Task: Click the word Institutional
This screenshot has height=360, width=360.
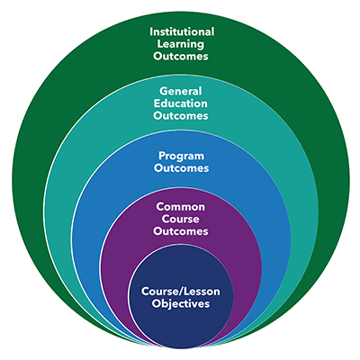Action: [x=182, y=31]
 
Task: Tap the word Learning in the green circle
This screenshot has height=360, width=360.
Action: [x=181, y=44]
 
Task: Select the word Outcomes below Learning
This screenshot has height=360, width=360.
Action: [x=181, y=56]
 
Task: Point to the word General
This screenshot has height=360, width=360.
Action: [x=181, y=91]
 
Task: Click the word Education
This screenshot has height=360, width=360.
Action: [x=181, y=103]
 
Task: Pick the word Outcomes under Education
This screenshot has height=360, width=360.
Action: [x=181, y=115]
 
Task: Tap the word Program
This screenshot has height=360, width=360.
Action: [x=181, y=157]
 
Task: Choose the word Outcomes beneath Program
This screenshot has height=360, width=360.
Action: [x=181, y=168]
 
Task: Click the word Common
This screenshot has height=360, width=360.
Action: [x=181, y=207]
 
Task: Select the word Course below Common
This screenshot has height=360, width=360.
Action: [x=181, y=219]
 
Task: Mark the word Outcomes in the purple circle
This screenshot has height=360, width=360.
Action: [x=181, y=231]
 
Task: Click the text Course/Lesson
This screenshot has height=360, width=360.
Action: [x=181, y=292]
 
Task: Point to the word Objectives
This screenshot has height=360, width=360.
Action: [x=181, y=303]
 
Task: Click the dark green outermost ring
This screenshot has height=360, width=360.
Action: [x=27, y=180]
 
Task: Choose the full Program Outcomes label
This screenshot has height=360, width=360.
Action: [x=181, y=162]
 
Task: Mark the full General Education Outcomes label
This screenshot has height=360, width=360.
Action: [x=181, y=103]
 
